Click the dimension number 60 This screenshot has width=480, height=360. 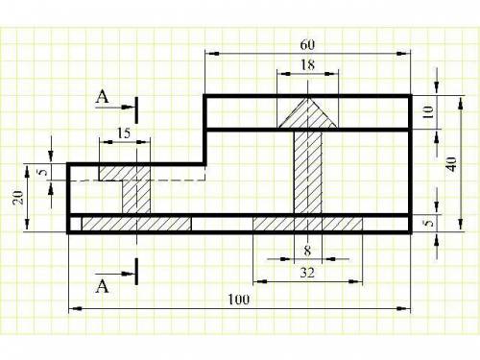coord(307,45)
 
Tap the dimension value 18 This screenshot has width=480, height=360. coord(307,65)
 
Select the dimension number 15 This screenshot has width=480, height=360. coord(124,133)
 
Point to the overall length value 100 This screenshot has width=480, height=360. coord(239,300)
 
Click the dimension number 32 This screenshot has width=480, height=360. coord(307,273)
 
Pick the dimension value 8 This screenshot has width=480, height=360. coord(307,251)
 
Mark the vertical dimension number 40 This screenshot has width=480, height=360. coord(451,164)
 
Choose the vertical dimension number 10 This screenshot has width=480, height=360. coord(428,112)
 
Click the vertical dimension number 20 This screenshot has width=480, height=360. coord(18,198)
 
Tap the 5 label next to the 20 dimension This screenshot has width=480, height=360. coord(42,172)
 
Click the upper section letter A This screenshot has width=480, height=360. coord(102,96)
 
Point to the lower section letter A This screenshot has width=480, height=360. coord(102,286)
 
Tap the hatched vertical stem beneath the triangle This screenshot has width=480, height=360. coord(308,172)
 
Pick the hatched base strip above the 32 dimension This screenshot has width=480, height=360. coord(308,224)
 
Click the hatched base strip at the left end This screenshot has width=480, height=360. coord(136,224)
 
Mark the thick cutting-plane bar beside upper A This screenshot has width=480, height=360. coord(136,110)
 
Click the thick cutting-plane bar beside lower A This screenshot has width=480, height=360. coord(136,272)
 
